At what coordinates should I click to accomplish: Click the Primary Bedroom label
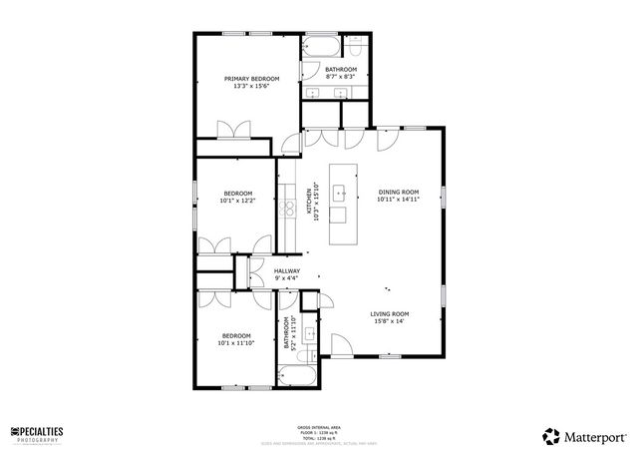coord(251,79)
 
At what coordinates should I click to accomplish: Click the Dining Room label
coord(398,192)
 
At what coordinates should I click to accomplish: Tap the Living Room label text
coord(390,313)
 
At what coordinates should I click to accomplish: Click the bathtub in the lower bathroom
coord(296,377)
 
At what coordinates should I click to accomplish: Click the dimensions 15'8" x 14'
coord(390,321)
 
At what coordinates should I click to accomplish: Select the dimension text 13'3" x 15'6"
coord(251,86)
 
